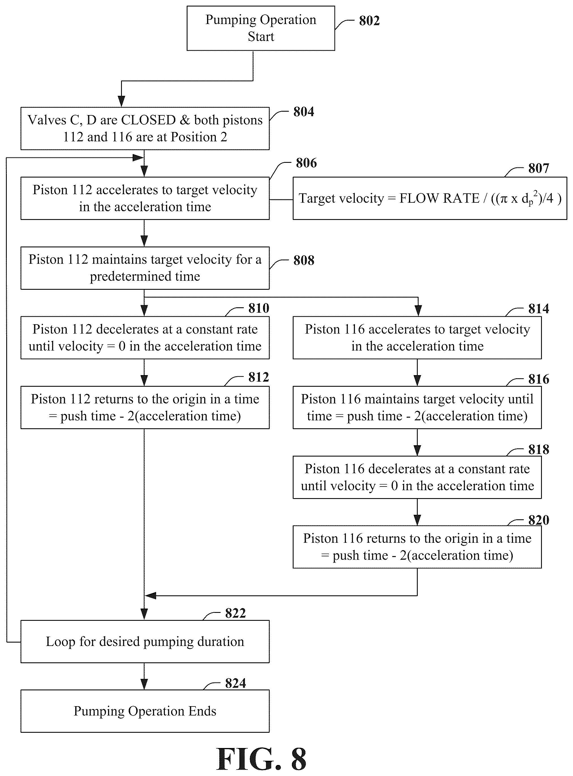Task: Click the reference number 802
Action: click(369, 21)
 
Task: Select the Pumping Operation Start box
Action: click(261, 28)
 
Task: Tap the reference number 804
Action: click(303, 112)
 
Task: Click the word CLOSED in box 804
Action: click(148, 120)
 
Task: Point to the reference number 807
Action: click(539, 168)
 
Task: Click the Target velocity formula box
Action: click(430, 198)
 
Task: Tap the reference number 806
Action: click(306, 163)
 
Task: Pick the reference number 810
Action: click(259, 308)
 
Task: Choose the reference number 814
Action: click(539, 309)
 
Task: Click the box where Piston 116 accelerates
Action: click(417, 338)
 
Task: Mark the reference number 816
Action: click(539, 379)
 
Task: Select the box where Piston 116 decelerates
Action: click(417, 477)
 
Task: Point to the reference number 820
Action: click(539, 520)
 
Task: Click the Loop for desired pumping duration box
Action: click(145, 641)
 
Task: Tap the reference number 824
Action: click(236, 684)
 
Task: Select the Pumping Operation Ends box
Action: click(145, 711)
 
